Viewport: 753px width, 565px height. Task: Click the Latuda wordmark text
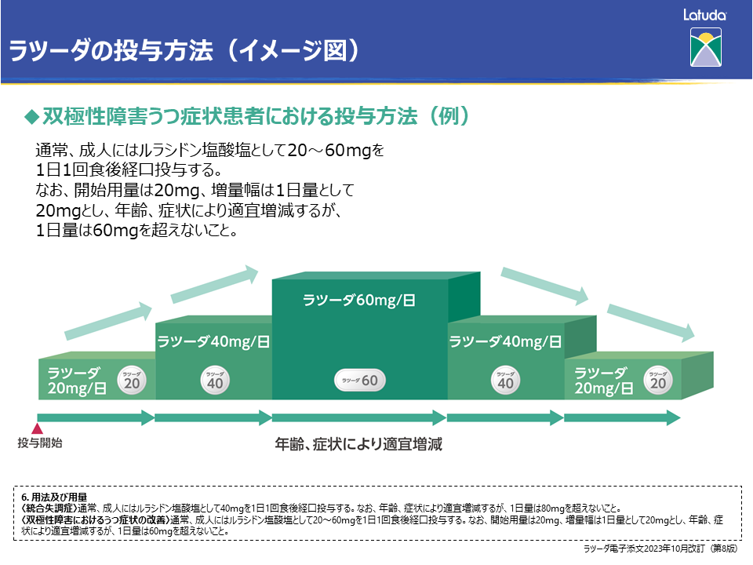pyautogui.click(x=704, y=14)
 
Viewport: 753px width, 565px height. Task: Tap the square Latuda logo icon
pyautogui.click(x=704, y=47)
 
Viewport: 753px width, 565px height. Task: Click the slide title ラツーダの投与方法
pyautogui.click(x=110, y=51)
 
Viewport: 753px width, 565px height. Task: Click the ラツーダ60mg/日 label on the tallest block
pyautogui.click(x=358, y=299)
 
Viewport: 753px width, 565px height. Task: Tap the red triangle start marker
pyautogui.click(x=36, y=428)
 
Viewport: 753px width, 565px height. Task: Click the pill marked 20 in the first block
pyautogui.click(x=132, y=380)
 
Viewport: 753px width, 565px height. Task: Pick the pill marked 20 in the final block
pyautogui.click(x=658, y=380)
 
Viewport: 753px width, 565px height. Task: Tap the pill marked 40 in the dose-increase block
pyautogui.click(x=215, y=381)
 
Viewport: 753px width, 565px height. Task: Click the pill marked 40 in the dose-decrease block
pyautogui.click(x=506, y=381)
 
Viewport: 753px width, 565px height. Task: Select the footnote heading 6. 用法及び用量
pyautogui.click(x=54, y=497)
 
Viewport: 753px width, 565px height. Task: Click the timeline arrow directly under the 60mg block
pyautogui.click(x=358, y=417)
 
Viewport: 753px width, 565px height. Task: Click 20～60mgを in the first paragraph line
pyautogui.click(x=336, y=149)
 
